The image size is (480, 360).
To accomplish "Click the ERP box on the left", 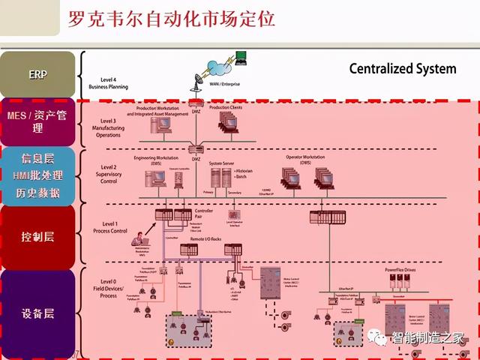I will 37,74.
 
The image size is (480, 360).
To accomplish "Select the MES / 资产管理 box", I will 37,121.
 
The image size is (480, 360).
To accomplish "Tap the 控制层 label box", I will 37,237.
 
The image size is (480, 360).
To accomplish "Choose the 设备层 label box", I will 37,313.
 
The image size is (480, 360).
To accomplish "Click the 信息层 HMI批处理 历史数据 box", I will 37,175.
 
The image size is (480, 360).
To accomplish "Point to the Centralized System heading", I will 402,69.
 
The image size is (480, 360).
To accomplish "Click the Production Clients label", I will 225,107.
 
